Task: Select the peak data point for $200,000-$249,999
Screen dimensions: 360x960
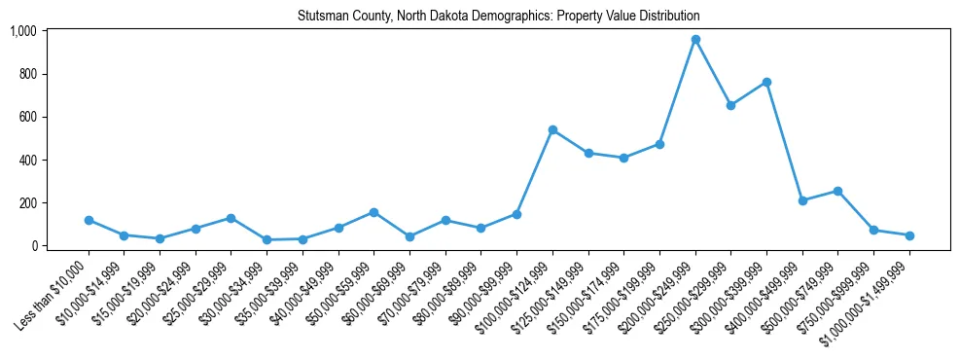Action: point(695,40)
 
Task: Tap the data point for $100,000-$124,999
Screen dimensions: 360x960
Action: point(552,129)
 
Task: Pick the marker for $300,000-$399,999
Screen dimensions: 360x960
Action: point(766,82)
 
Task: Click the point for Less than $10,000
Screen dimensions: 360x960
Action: point(89,220)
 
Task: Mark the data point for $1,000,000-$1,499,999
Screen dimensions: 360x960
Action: point(909,235)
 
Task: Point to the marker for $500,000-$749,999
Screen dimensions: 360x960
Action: point(837,191)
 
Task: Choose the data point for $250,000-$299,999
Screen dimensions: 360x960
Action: point(730,105)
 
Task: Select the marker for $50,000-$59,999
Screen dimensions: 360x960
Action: point(373,212)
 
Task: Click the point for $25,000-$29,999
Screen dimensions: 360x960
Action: point(231,218)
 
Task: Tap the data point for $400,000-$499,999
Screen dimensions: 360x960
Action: point(802,200)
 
